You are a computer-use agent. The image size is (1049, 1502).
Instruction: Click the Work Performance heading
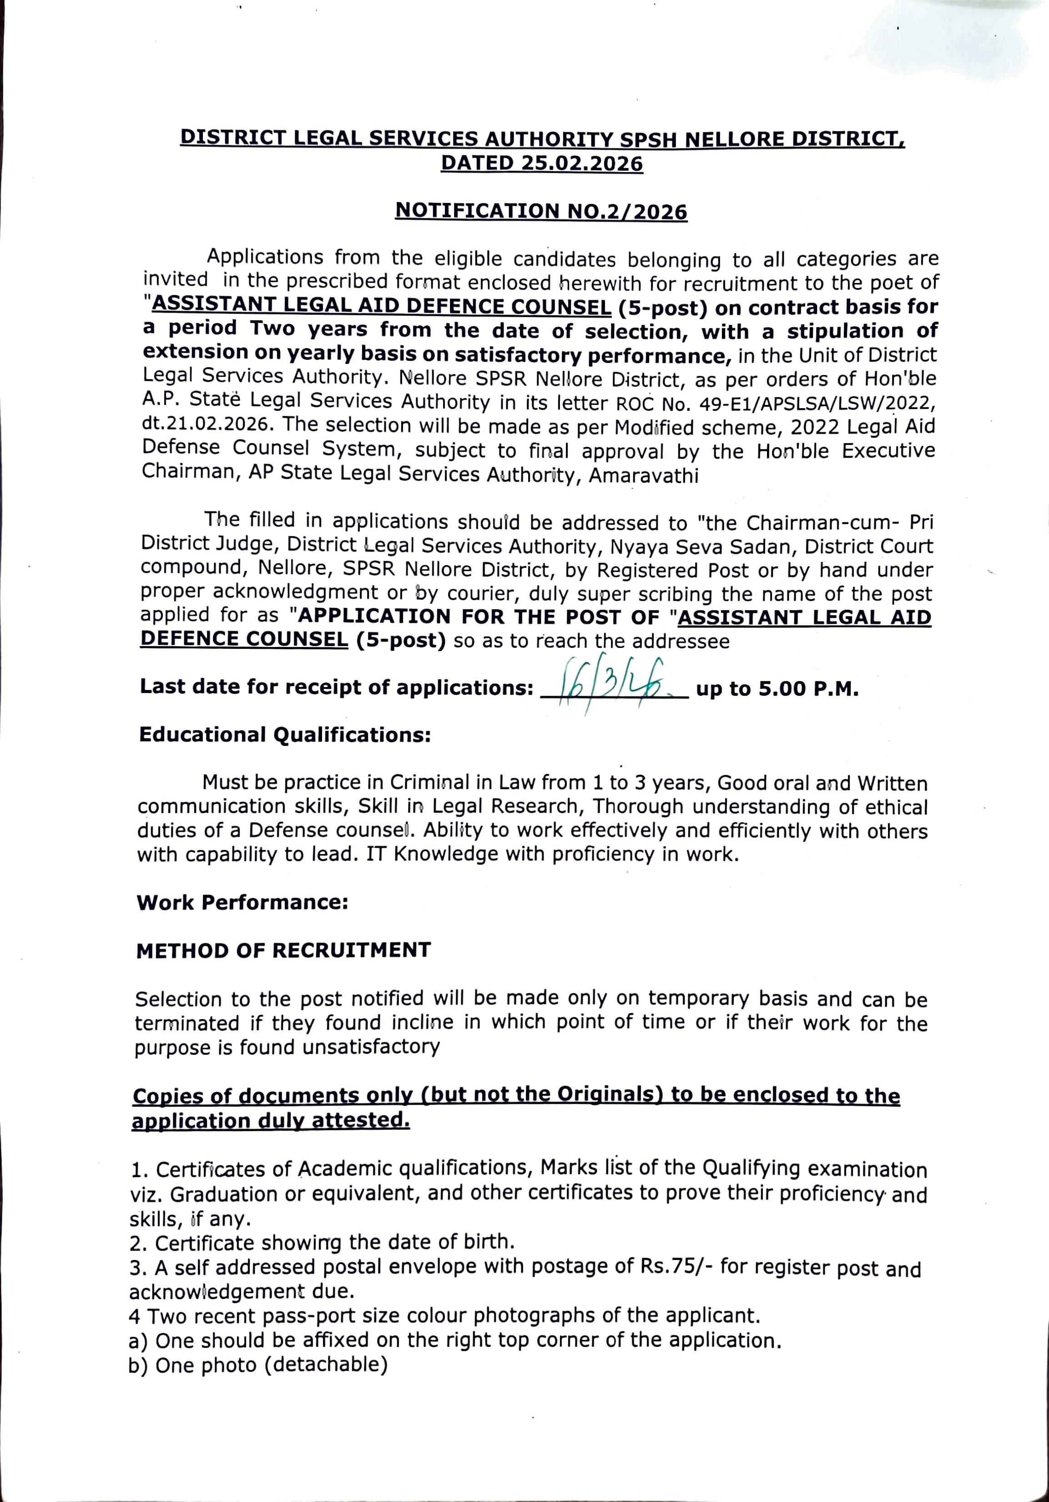tap(242, 902)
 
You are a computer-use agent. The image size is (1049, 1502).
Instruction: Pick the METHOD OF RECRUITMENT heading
tap(283, 950)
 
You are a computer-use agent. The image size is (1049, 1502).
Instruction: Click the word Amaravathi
tap(644, 475)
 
